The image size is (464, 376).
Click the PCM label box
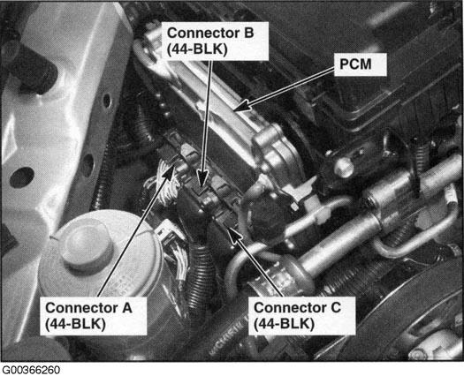[x=360, y=64]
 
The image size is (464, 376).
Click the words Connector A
[x=88, y=308]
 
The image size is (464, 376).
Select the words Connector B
[x=210, y=33]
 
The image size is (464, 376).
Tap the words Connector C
[x=297, y=308]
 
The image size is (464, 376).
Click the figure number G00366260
[x=31, y=370]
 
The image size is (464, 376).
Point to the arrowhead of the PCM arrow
[x=241, y=106]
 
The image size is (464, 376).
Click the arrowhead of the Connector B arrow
[x=202, y=179]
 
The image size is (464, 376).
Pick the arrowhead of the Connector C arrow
[x=234, y=235]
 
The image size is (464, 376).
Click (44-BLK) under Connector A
[x=75, y=324]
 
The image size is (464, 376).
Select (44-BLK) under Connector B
[x=197, y=49]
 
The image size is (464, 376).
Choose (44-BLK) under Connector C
[x=284, y=324]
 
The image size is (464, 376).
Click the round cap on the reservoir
[x=86, y=246]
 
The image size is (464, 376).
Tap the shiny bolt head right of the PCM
[x=344, y=168]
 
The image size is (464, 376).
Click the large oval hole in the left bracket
[x=21, y=177]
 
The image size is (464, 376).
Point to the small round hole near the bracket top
[x=107, y=101]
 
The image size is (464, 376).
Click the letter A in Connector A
[x=126, y=308]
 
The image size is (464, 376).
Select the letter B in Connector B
[x=248, y=33]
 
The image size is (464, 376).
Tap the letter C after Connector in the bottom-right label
[x=335, y=308]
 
